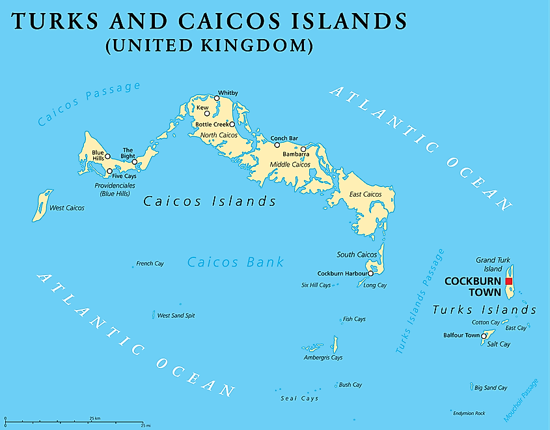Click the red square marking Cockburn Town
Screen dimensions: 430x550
(x=509, y=281)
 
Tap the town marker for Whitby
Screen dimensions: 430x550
(x=216, y=98)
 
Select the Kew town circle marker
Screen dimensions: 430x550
(x=207, y=113)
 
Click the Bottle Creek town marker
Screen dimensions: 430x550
(x=232, y=124)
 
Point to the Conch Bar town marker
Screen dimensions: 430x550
(x=277, y=145)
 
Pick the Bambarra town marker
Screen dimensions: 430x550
(x=303, y=149)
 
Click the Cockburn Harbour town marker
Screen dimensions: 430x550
(x=370, y=273)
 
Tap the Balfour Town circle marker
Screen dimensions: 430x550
(x=483, y=336)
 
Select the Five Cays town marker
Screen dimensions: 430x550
(x=109, y=172)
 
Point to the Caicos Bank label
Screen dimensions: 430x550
(x=236, y=262)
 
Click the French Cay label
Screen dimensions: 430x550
(x=150, y=264)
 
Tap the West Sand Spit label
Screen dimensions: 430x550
(x=176, y=315)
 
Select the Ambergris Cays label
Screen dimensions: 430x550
(x=323, y=358)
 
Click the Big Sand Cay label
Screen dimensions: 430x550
(x=491, y=388)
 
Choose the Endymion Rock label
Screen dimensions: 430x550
(x=469, y=413)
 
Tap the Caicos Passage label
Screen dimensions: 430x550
(x=89, y=103)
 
